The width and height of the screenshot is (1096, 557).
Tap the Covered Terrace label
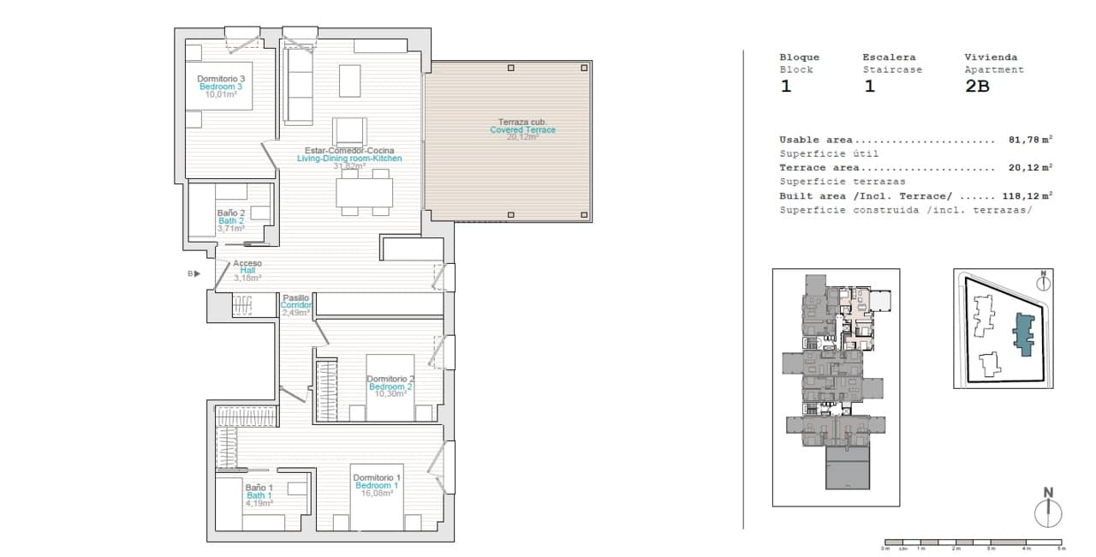click(522, 129)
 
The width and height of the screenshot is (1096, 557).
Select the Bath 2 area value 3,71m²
click(230, 229)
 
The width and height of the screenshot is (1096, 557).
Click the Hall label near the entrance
click(247, 270)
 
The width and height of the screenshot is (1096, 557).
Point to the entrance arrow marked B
click(194, 274)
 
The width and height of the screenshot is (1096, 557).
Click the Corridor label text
click(296, 305)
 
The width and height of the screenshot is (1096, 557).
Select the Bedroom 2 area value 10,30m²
click(390, 394)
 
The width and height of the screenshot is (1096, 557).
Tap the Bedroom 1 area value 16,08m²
click(377, 493)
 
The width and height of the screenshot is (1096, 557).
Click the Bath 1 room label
click(259, 495)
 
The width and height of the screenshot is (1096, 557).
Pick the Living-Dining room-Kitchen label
click(349, 159)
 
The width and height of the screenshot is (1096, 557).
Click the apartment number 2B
click(976, 86)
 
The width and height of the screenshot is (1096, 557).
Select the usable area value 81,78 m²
click(1030, 140)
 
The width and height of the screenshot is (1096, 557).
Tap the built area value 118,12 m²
click(1028, 195)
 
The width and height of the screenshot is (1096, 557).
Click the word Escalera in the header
click(889, 57)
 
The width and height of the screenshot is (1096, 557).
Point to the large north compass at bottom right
click(1047, 512)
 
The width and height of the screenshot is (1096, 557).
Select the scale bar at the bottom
click(974, 542)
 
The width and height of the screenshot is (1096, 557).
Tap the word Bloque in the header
click(799, 57)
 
